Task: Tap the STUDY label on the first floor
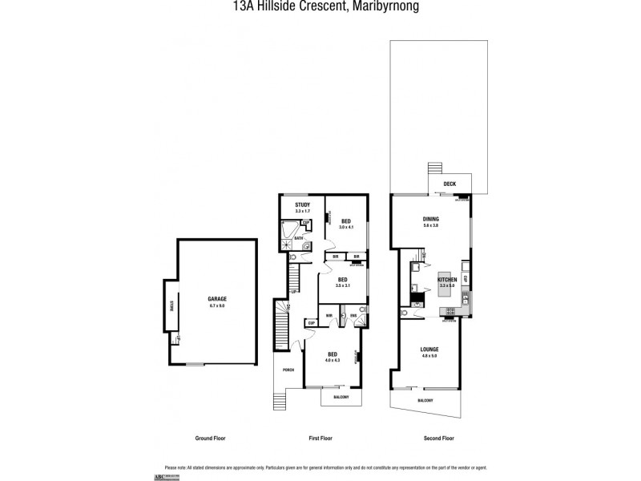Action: [x=302, y=205]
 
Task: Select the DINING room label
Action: [x=430, y=219]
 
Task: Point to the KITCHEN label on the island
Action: [x=446, y=279]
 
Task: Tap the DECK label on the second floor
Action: [x=450, y=184]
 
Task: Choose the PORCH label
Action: [x=288, y=370]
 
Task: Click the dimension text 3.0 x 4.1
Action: [x=345, y=228]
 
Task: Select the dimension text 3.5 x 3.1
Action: [x=343, y=285]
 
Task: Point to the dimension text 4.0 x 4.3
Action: [x=332, y=360]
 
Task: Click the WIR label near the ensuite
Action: [x=329, y=315]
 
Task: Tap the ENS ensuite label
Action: [x=353, y=315]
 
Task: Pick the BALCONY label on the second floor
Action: [x=425, y=400]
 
